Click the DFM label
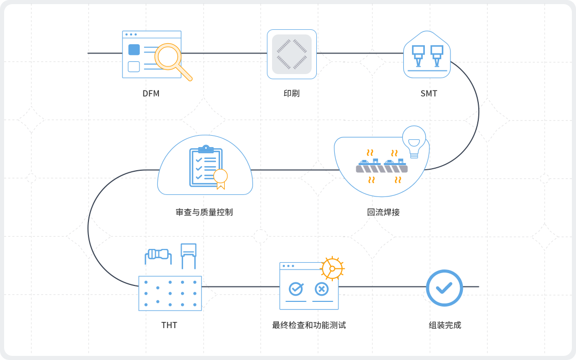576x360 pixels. click(x=151, y=94)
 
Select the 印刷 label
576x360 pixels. click(x=292, y=94)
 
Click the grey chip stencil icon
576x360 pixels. click(x=292, y=54)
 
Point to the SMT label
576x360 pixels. click(x=429, y=94)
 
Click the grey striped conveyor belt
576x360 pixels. click(x=382, y=169)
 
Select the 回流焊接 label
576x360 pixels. click(x=383, y=212)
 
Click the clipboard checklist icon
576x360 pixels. click(x=205, y=167)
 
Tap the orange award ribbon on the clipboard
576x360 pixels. click(x=221, y=178)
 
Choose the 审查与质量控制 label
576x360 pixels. click(x=204, y=212)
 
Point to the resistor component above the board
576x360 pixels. click(x=158, y=254)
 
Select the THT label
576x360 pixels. click(x=169, y=325)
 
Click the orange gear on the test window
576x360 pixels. click(x=332, y=268)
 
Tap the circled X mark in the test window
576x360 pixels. click(x=321, y=289)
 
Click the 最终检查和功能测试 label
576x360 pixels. click(x=309, y=325)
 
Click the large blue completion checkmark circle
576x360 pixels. click(x=444, y=288)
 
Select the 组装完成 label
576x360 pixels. click(x=445, y=325)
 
